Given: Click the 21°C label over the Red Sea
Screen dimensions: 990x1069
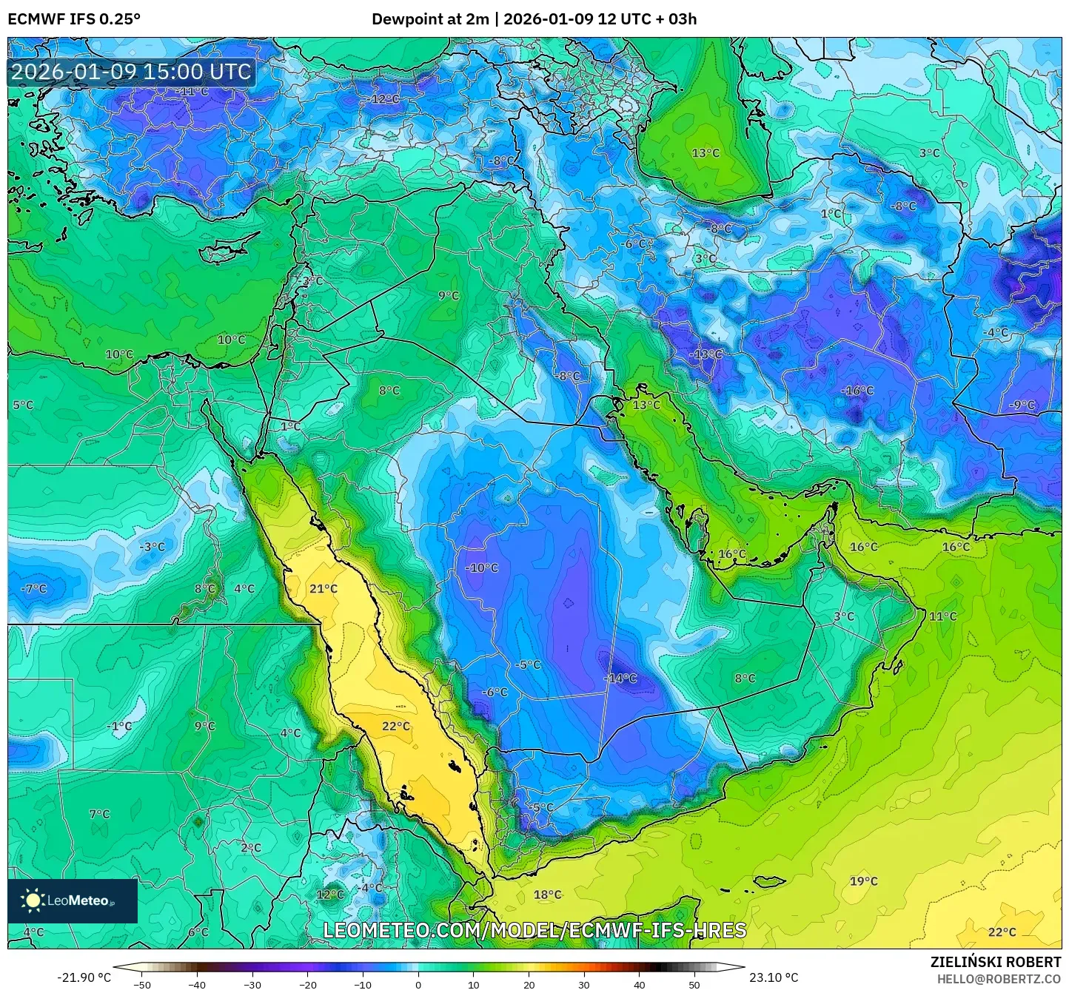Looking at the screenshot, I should click(324, 589).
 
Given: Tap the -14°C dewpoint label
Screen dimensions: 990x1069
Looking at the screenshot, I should click(621, 678).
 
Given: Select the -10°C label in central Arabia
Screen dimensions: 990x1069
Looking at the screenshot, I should click(482, 568).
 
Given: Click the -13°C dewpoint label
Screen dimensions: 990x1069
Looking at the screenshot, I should click(706, 354).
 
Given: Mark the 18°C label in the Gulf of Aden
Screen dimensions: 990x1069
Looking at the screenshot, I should click(548, 895).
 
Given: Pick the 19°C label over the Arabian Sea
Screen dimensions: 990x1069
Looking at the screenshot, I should click(863, 881).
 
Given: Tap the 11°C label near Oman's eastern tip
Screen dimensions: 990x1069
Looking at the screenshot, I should click(942, 616).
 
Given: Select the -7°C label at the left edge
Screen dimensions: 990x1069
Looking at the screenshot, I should click(33, 589).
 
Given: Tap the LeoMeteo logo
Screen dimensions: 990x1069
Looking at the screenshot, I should click(73, 900).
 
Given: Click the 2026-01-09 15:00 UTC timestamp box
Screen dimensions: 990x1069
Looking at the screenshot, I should click(131, 72).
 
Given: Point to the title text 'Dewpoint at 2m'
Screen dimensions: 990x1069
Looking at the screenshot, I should click(429, 19).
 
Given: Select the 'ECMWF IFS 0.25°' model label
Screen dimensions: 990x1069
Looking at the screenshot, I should click(74, 19).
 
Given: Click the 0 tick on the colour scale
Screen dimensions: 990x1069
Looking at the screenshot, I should click(418, 984).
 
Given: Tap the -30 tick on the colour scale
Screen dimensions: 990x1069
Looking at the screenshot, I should click(252, 984).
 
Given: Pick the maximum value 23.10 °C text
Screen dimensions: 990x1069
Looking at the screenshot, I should click(774, 977).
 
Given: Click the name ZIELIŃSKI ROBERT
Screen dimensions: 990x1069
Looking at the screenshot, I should click(996, 962).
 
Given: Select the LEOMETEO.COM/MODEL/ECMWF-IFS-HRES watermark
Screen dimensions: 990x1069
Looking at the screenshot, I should click(534, 930).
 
